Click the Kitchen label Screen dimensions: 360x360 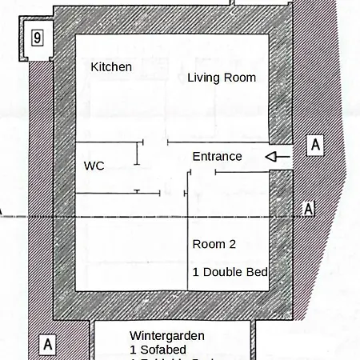[x=111, y=67]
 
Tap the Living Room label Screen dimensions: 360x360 [x=222, y=78]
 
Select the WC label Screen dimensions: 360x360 [x=94, y=166]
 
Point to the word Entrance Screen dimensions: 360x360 [x=217, y=156]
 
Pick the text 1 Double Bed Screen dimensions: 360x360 [x=230, y=272]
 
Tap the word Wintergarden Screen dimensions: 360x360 [x=167, y=335]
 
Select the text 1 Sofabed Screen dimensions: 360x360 [x=158, y=350]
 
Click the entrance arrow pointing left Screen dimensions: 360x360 [x=277, y=157]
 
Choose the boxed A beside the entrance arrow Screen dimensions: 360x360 [x=316, y=145]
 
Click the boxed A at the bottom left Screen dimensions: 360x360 [x=48, y=345]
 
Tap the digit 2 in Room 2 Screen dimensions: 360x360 [x=231, y=243]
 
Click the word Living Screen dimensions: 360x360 [x=204, y=78]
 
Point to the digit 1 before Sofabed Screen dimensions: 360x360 [x=133, y=350]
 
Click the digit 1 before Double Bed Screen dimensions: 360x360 [x=195, y=272]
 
